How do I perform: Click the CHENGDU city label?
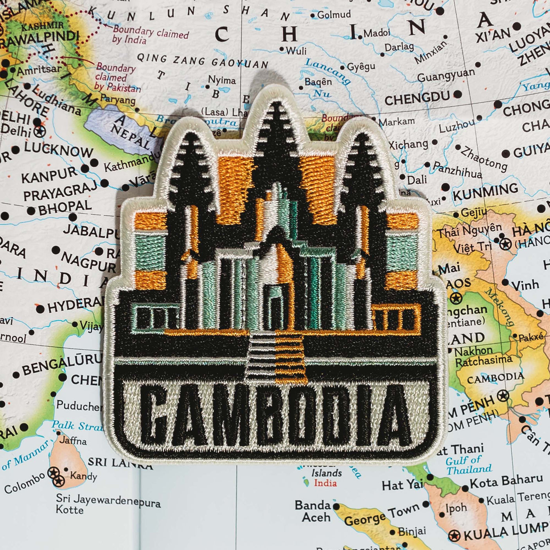(417, 98)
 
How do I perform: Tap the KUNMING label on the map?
(485, 192)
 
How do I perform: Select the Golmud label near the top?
(334, 15)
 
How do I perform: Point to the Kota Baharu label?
(506, 480)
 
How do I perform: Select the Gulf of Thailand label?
(468, 466)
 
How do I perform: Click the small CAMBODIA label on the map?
(495, 378)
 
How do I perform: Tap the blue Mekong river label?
(500, 307)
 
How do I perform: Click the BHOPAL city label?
(65, 207)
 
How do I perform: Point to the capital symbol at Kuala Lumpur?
(454, 535)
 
